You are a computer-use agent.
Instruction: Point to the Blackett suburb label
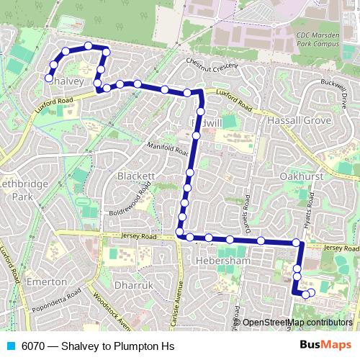click(137, 176)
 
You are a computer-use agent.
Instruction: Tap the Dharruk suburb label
click(135, 286)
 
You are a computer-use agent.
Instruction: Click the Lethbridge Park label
click(22, 189)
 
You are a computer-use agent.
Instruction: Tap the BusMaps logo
click(325, 345)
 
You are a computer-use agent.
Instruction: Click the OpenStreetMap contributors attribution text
click(298, 322)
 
